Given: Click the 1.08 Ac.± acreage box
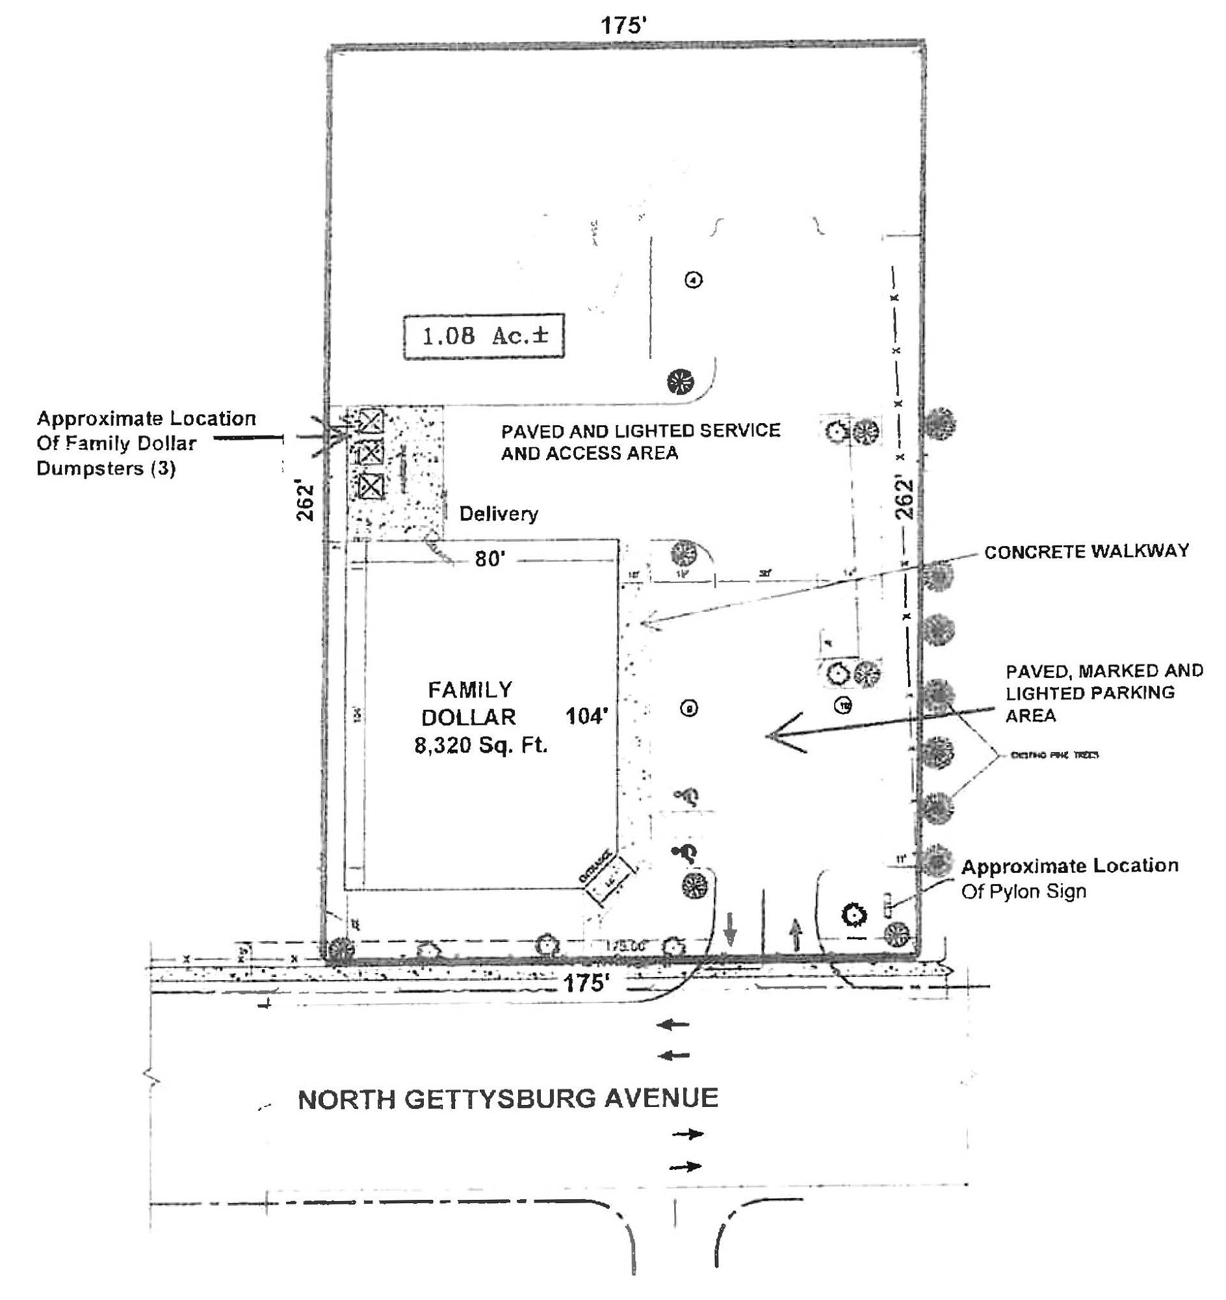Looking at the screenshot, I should click(x=483, y=336).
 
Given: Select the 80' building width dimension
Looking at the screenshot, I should click(x=490, y=559).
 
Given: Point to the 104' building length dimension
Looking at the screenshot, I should click(x=586, y=717).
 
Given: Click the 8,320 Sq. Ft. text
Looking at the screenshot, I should click(x=480, y=745).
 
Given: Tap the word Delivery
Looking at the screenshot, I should click(x=498, y=513).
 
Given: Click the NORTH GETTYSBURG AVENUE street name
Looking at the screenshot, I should click(x=508, y=1098).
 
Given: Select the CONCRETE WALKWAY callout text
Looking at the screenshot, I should click(x=1086, y=551).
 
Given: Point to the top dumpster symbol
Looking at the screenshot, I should click(x=372, y=421).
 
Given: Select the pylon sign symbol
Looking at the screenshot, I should click(x=887, y=904).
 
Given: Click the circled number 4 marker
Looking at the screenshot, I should click(x=693, y=280).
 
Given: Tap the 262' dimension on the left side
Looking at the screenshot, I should click(x=306, y=502).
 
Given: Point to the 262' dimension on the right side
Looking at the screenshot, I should click(x=904, y=499).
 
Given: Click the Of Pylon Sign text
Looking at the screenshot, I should click(x=1023, y=891).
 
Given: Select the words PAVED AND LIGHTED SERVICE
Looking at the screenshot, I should click(x=640, y=430).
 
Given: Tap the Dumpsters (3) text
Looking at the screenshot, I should click(x=106, y=468).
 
